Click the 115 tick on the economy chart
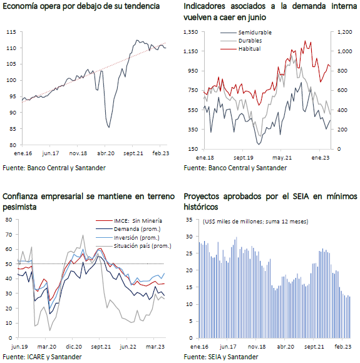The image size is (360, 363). click(x=11, y=32)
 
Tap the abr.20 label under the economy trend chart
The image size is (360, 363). click(x=106, y=153)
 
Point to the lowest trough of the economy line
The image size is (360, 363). click(x=109, y=127)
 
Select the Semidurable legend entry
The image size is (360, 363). click(x=246, y=33)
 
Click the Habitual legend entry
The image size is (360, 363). click(x=240, y=49)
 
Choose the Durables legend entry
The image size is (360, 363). click(x=241, y=41)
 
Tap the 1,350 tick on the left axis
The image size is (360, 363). click(x=191, y=32)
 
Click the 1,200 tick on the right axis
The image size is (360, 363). click(x=345, y=32)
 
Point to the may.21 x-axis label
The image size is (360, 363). click(x=282, y=158)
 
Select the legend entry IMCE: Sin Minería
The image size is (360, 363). click(x=129, y=221)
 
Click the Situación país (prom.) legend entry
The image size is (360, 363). click(x=133, y=246)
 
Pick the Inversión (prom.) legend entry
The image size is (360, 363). click(x=128, y=238)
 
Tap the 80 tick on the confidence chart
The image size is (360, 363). click(x=9, y=220)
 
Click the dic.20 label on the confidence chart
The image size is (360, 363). click(x=74, y=347)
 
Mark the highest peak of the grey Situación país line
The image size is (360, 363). click(x=83, y=235)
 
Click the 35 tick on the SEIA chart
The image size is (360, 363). click(x=189, y=220)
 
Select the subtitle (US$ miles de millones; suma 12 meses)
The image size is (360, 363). click(x=255, y=222)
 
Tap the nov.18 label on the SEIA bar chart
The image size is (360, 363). click(x=257, y=347)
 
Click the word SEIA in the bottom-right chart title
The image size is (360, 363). click(x=301, y=197)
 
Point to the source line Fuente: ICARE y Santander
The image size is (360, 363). click(x=42, y=357)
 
